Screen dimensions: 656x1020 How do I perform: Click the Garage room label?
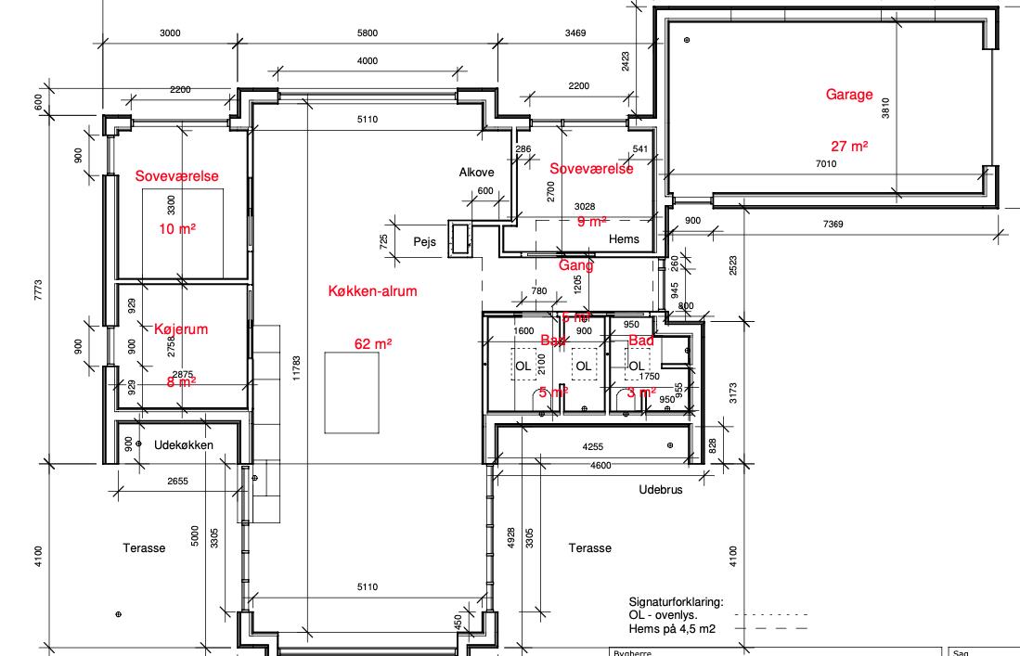pyautogui.click(x=849, y=95)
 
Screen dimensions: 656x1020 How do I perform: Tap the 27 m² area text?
pyautogui.click(x=849, y=147)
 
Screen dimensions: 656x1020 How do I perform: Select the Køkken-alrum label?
pyautogui.click(x=373, y=290)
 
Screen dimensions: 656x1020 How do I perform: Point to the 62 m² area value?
pyautogui.click(x=373, y=343)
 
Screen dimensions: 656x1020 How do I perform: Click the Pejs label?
pyautogui.click(x=425, y=240)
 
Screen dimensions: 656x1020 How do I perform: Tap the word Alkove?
pyautogui.click(x=477, y=173)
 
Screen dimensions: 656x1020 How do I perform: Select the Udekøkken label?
pyautogui.click(x=184, y=445)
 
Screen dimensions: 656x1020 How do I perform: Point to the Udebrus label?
pyautogui.click(x=661, y=489)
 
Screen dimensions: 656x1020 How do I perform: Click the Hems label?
pyautogui.click(x=624, y=239)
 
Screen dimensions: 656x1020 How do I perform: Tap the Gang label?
pyautogui.click(x=575, y=265)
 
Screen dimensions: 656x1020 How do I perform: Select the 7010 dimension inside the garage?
pyautogui.click(x=825, y=164)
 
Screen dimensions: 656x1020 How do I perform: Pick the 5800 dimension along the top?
pyautogui.click(x=368, y=33)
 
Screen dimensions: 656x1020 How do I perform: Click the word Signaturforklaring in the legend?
pyautogui.click(x=676, y=601)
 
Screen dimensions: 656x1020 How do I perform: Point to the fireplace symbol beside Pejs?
pyautogui.click(x=460, y=239)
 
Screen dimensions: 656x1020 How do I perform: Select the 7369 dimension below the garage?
pyautogui.click(x=833, y=224)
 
